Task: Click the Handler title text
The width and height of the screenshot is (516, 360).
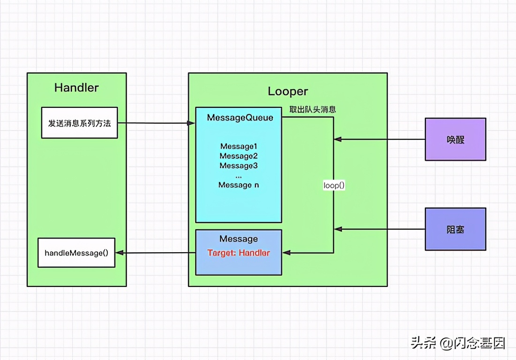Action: pyautogui.click(x=76, y=88)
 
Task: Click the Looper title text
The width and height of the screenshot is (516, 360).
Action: pyautogui.click(x=288, y=91)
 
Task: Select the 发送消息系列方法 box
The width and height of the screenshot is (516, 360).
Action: pyautogui.click(x=79, y=123)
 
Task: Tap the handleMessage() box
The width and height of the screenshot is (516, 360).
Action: pyautogui.click(x=76, y=253)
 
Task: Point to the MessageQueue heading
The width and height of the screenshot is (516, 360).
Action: pyautogui.click(x=240, y=118)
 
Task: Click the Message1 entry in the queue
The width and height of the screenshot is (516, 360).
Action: pyautogui.click(x=238, y=146)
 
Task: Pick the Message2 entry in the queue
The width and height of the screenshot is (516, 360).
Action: pyautogui.click(x=238, y=156)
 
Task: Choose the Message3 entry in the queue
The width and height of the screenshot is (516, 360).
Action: pyautogui.click(x=238, y=165)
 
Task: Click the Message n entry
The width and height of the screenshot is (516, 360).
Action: pyautogui.click(x=238, y=185)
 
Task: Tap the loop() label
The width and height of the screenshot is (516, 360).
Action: pyautogui.click(x=334, y=185)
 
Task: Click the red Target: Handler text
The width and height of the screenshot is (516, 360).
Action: pyautogui.click(x=238, y=253)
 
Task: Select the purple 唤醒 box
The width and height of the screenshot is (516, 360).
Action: pyautogui.click(x=455, y=139)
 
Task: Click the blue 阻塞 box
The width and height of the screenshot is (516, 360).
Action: pyautogui.click(x=455, y=229)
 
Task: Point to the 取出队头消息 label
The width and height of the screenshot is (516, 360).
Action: pyautogui.click(x=312, y=110)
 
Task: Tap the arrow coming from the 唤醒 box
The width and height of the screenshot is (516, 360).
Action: pyautogui.click(x=380, y=139)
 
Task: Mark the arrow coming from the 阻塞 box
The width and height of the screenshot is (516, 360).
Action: pyautogui.click(x=380, y=229)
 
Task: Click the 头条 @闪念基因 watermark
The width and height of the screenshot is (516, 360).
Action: pyautogui.click(x=458, y=343)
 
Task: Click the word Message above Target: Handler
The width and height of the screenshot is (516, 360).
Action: pyautogui.click(x=238, y=239)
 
